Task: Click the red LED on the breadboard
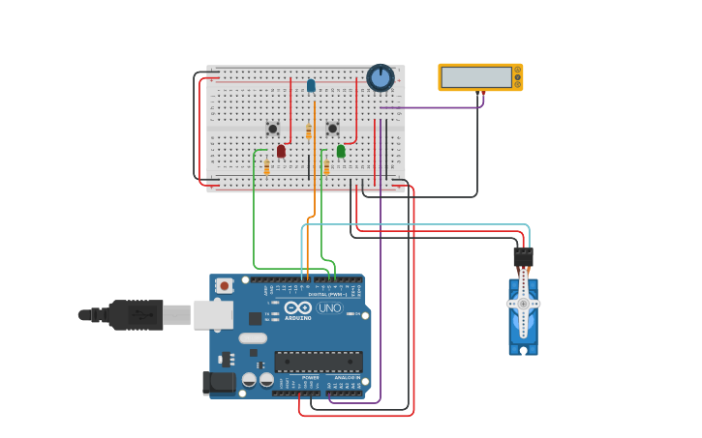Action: (281, 151)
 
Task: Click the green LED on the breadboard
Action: (341, 151)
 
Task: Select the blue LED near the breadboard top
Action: (311, 85)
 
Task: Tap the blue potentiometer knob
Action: (381, 77)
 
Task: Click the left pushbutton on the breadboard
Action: (273, 128)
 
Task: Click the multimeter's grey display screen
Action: (476, 77)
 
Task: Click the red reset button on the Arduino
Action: (225, 285)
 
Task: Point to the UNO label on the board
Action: (329, 308)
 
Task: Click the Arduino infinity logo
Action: (298, 308)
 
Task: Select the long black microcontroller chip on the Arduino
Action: (319, 362)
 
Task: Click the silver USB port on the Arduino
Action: (213, 314)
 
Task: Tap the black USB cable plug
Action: (136, 314)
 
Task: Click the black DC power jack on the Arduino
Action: (219, 383)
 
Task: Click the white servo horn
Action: (524, 303)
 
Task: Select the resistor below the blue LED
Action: (309, 132)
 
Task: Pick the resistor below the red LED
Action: (267, 168)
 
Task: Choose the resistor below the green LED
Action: (327, 168)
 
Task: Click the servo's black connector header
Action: (523, 257)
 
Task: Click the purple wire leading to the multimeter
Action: (436, 107)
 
